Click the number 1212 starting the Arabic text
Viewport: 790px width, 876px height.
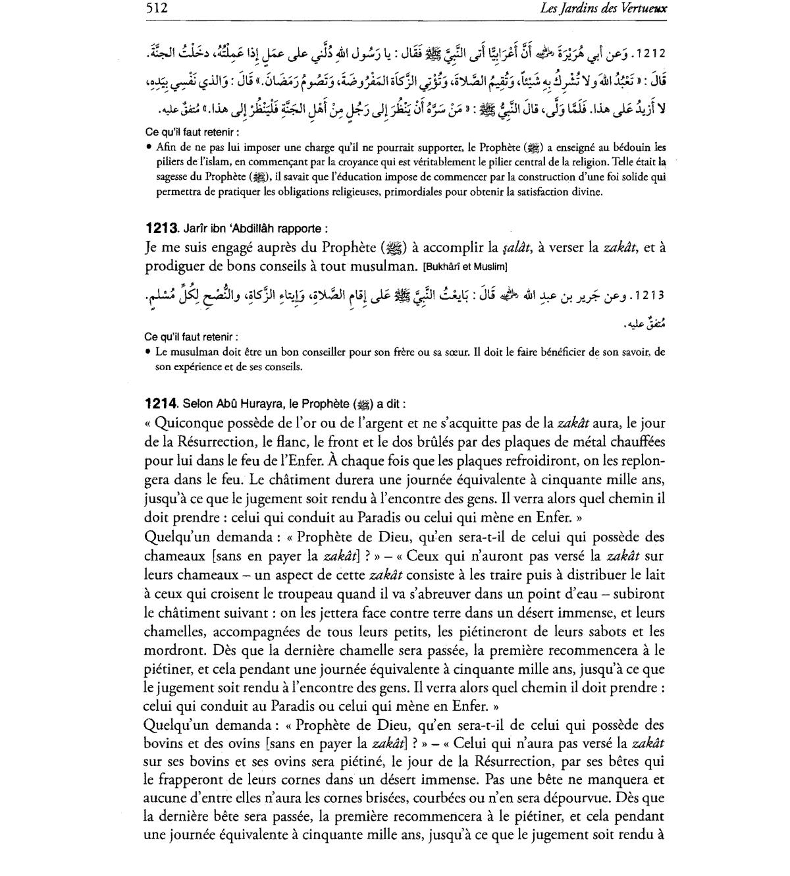[x=652, y=51]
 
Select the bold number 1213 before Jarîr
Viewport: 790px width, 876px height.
[x=161, y=229]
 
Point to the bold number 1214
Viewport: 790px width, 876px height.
[x=161, y=404]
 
